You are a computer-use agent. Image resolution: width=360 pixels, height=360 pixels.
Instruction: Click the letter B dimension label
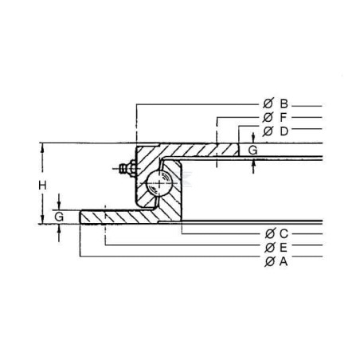tap(284, 104)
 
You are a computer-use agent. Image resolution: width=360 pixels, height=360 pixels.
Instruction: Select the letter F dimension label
tap(284, 117)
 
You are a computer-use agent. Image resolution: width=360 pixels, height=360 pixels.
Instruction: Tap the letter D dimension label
tap(284, 131)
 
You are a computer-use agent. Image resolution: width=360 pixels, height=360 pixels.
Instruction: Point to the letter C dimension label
tap(284, 233)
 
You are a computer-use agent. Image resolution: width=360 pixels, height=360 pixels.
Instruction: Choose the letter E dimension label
tap(284, 248)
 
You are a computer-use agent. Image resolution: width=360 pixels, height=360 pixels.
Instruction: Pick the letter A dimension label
tap(284, 261)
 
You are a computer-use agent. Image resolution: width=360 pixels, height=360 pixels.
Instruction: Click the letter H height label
tap(42, 186)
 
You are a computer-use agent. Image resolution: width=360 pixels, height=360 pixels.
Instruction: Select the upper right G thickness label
tap(252, 151)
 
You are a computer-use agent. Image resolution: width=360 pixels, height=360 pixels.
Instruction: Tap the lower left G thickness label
tap(59, 217)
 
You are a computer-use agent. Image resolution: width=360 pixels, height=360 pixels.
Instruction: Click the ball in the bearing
tap(158, 184)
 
